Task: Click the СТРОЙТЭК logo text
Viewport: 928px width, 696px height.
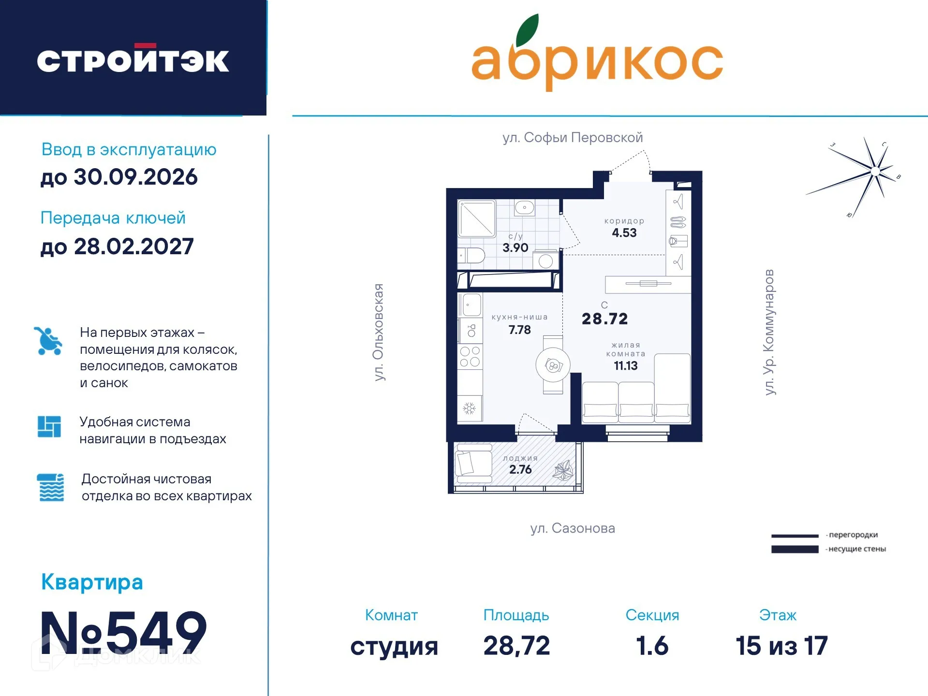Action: [x=133, y=60]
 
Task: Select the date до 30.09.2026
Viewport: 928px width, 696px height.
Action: [x=119, y=177]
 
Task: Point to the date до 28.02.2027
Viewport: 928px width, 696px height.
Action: [x=117, y=246]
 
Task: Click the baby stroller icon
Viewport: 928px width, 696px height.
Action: [x=48, y=341]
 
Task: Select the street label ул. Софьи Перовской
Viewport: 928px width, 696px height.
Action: [x=573, y=138]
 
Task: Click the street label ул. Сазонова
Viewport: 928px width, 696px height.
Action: [x=573, y=528]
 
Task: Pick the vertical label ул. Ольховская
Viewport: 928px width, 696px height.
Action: [x=379, y=333]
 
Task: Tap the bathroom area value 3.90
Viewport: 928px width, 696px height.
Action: [x=515, y=248]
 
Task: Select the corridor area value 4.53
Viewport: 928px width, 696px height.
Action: [x=624, y=233]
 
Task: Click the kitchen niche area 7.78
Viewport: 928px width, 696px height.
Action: [x=519, y=330]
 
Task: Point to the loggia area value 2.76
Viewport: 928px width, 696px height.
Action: [x=520, y=469]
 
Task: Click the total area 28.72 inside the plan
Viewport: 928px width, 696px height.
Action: [x=604, y=319]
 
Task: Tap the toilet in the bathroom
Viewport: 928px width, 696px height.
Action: [x=472, y=256]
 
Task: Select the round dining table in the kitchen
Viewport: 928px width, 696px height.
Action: [x=553, y=365]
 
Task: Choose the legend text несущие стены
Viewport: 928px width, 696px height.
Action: [x=857, y=549]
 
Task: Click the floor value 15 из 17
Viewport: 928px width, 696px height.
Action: [x=781, y=646]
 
